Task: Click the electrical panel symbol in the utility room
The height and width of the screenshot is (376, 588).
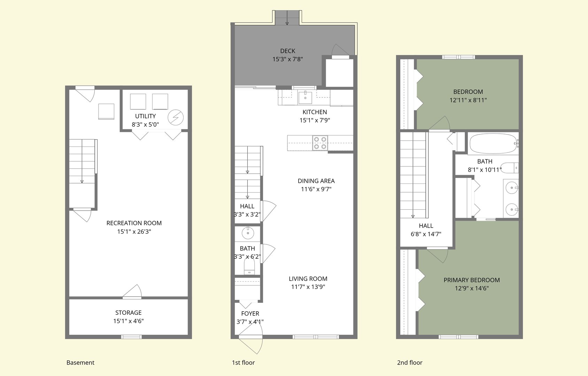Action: (x=175, y=117)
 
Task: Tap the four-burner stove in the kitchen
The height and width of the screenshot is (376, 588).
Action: (x=320, y=143)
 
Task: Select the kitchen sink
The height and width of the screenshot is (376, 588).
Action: (x=305, y=97)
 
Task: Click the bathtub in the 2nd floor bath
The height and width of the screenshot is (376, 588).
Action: (x=493, y=143)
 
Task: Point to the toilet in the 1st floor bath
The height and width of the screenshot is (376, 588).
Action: (x=249, y=267)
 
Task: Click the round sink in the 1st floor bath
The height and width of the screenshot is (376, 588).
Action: (x=248, y=233)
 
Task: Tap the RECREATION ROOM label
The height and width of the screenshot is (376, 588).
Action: (x=134, y=223)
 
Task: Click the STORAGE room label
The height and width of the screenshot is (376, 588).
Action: (x=128, y=313)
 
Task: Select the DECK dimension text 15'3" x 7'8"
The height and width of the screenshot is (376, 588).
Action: (x=288, y=59)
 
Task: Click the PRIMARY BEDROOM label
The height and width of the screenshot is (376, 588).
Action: (x=472, y=280)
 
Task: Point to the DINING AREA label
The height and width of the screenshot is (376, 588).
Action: (x=316, y=181)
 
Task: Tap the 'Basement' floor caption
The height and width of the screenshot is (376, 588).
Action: (x=80, y=362)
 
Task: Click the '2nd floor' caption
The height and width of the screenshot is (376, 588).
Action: (x=410, y=362)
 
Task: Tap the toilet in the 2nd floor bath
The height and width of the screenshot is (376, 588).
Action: (x=510, y=168)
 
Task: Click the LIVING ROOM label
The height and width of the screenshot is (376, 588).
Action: (x=308, y=279)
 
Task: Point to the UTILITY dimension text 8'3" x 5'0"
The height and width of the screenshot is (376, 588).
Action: (x=145, y=124)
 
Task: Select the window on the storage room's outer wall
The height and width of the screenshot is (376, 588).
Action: (x=131, y=337)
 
